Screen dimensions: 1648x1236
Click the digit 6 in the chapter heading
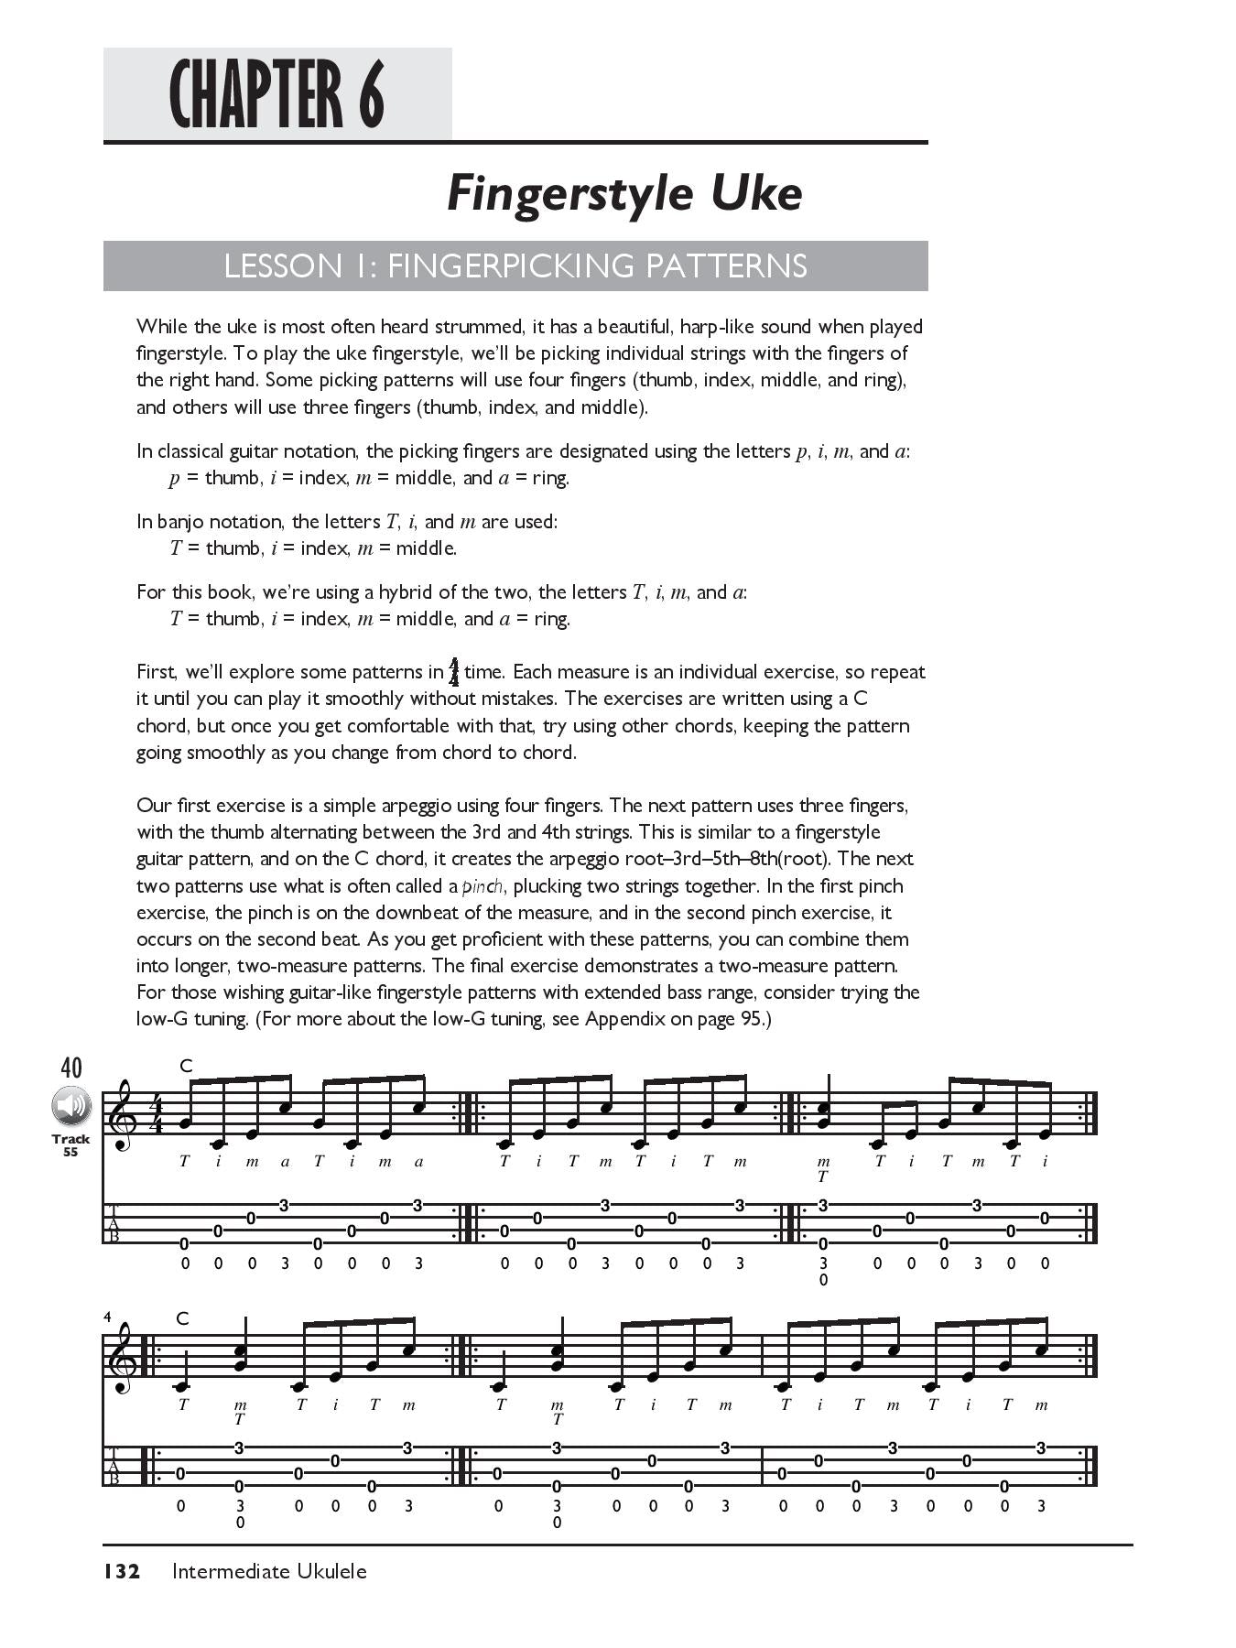point(371,95)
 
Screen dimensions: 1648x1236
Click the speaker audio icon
point(70,1106)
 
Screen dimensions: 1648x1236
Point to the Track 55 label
point(70,1145)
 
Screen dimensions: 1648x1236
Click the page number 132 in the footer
point(121,1572)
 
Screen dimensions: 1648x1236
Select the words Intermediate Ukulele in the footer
point(269,1572)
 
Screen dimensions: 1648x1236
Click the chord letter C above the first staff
point(186,1066)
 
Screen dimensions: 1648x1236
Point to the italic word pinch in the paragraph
point(482,886)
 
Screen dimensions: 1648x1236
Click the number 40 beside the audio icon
point(70,1068)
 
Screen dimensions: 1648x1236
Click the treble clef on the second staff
point(122,1361)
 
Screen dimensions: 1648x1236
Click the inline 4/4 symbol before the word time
point(454,672)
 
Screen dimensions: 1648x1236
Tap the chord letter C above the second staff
point(182,1319)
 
